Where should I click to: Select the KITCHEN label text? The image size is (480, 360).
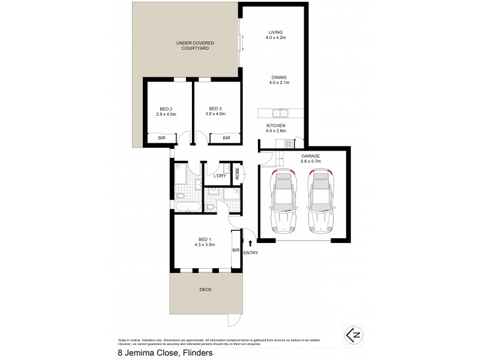tap(275, 126)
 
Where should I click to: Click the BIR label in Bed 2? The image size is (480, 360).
tap(161, 139)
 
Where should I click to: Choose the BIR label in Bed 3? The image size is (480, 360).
tap(226, 139)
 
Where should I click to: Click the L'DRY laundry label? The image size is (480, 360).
tap(219, 176)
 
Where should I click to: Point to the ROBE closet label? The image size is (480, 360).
tap(238, 173)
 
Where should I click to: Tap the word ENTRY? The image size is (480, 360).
tap(251, 253)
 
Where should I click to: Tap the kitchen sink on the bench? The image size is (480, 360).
tap(280, 112)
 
